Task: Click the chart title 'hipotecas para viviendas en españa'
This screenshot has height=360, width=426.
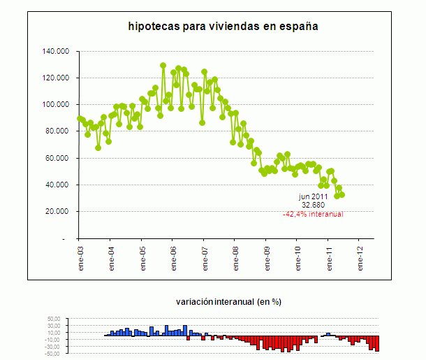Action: (222, 27)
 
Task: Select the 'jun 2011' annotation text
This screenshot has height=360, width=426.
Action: (314, 197)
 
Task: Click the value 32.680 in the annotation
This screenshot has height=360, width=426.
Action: (314, 206)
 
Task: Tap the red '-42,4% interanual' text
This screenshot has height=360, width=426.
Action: (313, 214)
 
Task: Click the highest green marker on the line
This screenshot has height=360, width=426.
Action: (163, 66)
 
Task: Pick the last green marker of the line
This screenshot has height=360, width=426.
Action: (341, 195)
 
